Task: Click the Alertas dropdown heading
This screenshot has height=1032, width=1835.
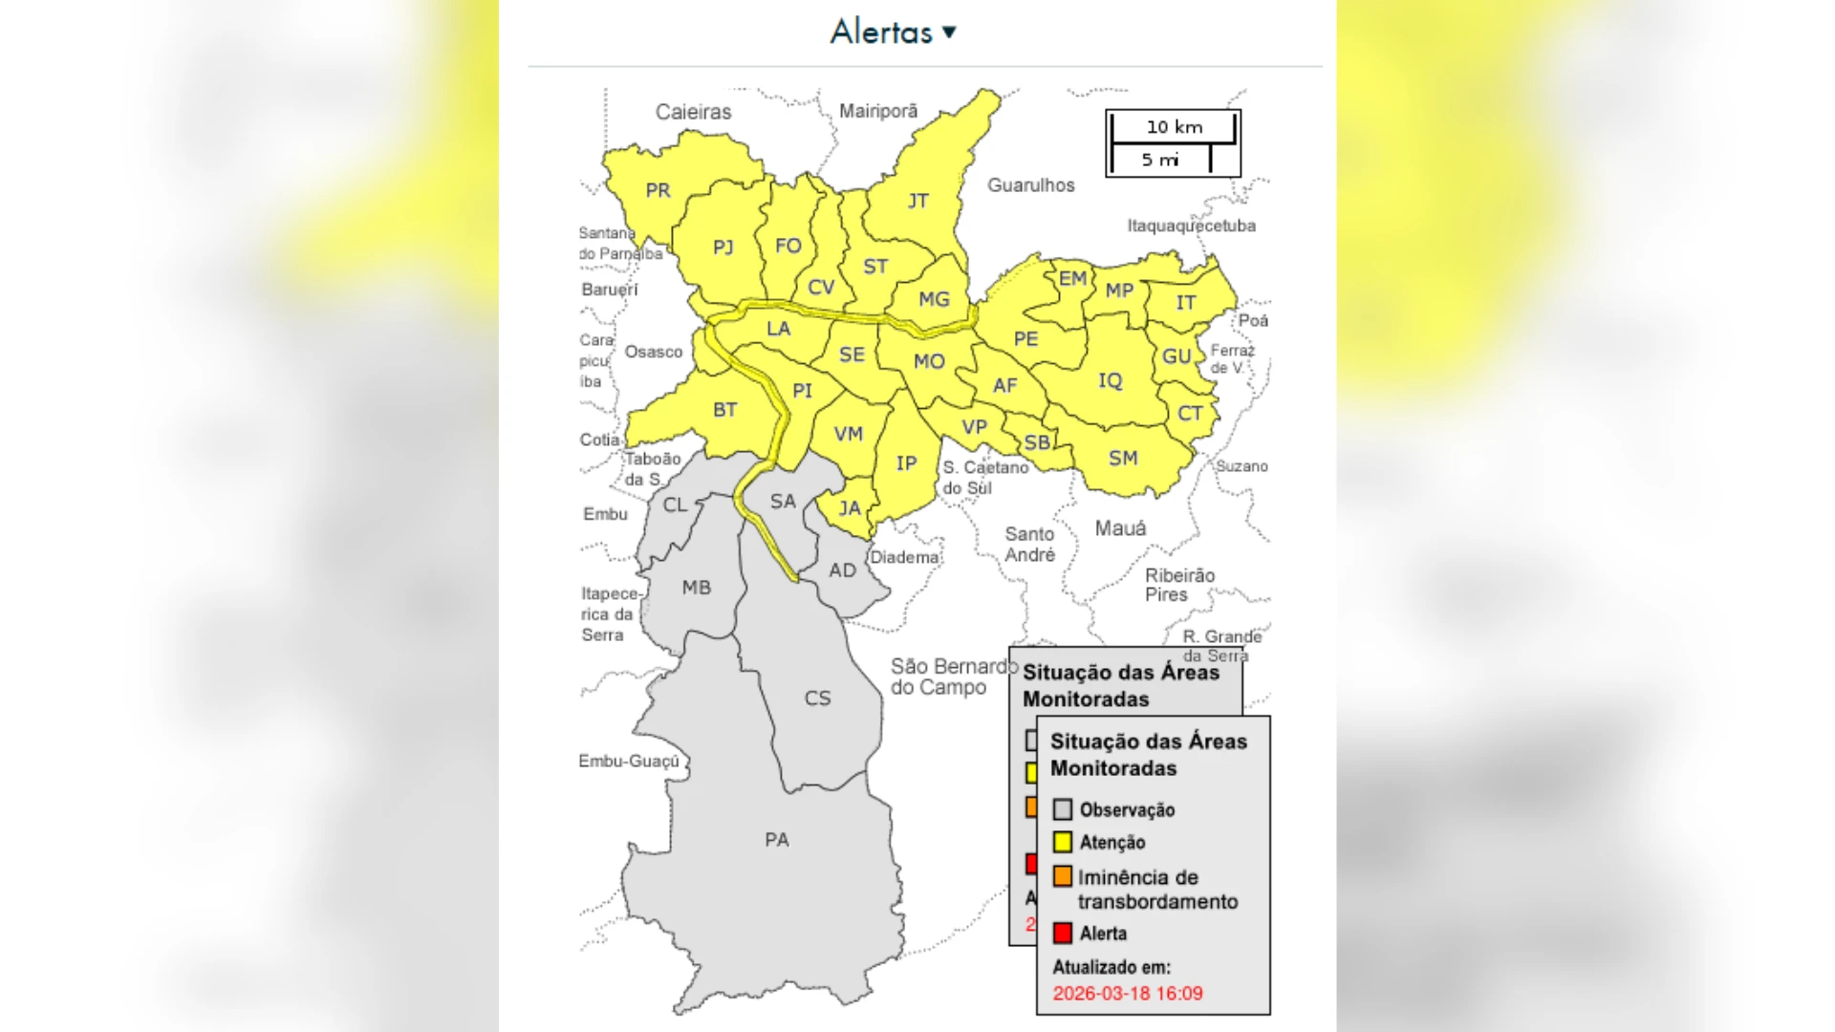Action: [x=893, y=32]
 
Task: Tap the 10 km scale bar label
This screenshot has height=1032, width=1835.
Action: [x=1174, y=127]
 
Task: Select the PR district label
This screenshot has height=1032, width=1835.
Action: [x=658, y=190]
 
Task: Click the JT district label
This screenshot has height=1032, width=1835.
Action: [x=917, y=201]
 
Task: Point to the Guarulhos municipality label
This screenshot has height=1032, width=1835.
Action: [x=1030, y=185]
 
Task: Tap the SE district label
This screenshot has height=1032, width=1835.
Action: [x=852, y=355]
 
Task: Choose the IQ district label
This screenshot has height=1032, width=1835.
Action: [x=1110, y=380]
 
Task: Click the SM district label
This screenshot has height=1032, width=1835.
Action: [x=1123, y=458]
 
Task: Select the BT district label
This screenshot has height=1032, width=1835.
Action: [x=724, y=410]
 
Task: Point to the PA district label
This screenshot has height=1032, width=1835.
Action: [x=776, y=840]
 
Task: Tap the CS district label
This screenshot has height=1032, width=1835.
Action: [x=817, y=699]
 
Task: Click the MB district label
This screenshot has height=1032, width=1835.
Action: [x=696, y=588]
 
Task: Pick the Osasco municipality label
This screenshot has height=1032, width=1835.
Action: [x=654, y=352]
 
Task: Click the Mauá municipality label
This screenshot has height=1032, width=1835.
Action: [x=1120, y=528]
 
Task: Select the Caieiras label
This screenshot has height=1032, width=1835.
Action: [x=693, y=112]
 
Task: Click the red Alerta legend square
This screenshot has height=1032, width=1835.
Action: [x=1063, y=933]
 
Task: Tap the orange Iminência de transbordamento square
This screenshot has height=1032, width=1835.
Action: [x=1063, y=876]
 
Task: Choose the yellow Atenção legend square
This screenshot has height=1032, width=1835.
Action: [x=1063, y=842]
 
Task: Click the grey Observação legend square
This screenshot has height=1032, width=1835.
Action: [x=1063, y=809]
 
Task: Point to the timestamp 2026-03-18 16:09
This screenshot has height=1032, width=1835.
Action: [x=1128, y=993]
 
